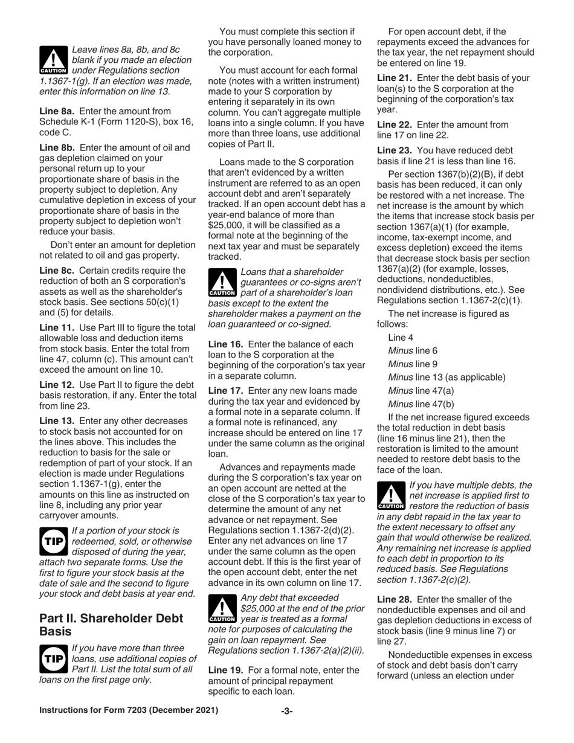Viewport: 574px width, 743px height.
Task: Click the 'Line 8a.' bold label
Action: tap(57, 111)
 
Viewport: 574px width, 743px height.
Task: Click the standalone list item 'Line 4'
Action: tap(401, 338)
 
